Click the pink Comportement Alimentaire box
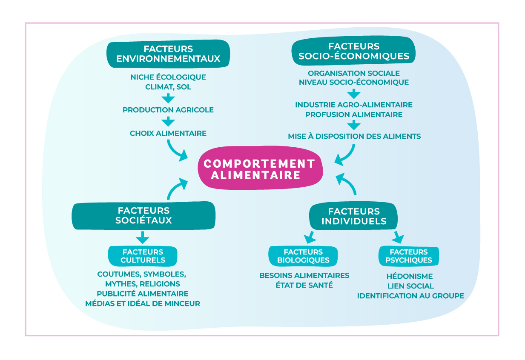coord(259,169)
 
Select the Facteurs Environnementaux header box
coord(168,54)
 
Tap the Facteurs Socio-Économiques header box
coord(353,51)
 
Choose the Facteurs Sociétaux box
coord(143,215)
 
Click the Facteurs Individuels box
coord(353,216)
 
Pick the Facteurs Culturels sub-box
coord(143,256)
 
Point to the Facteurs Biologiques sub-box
coord(303,256)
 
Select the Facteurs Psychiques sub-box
coord(408,256)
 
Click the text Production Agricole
coord(168,110)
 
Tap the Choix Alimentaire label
coord(168,133)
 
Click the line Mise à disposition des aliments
coord(354,136)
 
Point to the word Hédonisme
coord(410,276)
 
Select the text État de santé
coord(304,285)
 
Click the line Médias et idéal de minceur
coord(143,303)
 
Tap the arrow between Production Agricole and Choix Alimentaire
coord(169,121)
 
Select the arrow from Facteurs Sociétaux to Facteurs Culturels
coord(143,237)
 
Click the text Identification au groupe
coord(410,295)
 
